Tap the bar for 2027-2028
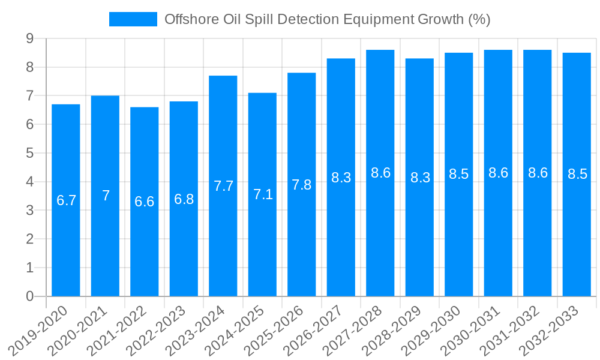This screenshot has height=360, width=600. [x=380, y=228]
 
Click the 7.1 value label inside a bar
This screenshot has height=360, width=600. [x=263, y=194]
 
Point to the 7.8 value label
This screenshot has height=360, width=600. [x=302, y=185]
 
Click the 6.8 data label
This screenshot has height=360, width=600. [x=184, y=199]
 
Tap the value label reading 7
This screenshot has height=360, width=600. [x=106, y=196]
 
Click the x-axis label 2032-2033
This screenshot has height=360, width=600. [x=553, y=330]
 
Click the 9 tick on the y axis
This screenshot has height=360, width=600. [x=29, y=39]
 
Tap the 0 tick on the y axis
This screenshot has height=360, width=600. [x=29, y=296]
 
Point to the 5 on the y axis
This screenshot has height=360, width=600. [x=29, y=154]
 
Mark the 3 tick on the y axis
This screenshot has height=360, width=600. [x=29, y=211]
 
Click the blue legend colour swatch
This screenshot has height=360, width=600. [x=133, y=19]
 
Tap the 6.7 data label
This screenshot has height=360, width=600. [x=67, y=200]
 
